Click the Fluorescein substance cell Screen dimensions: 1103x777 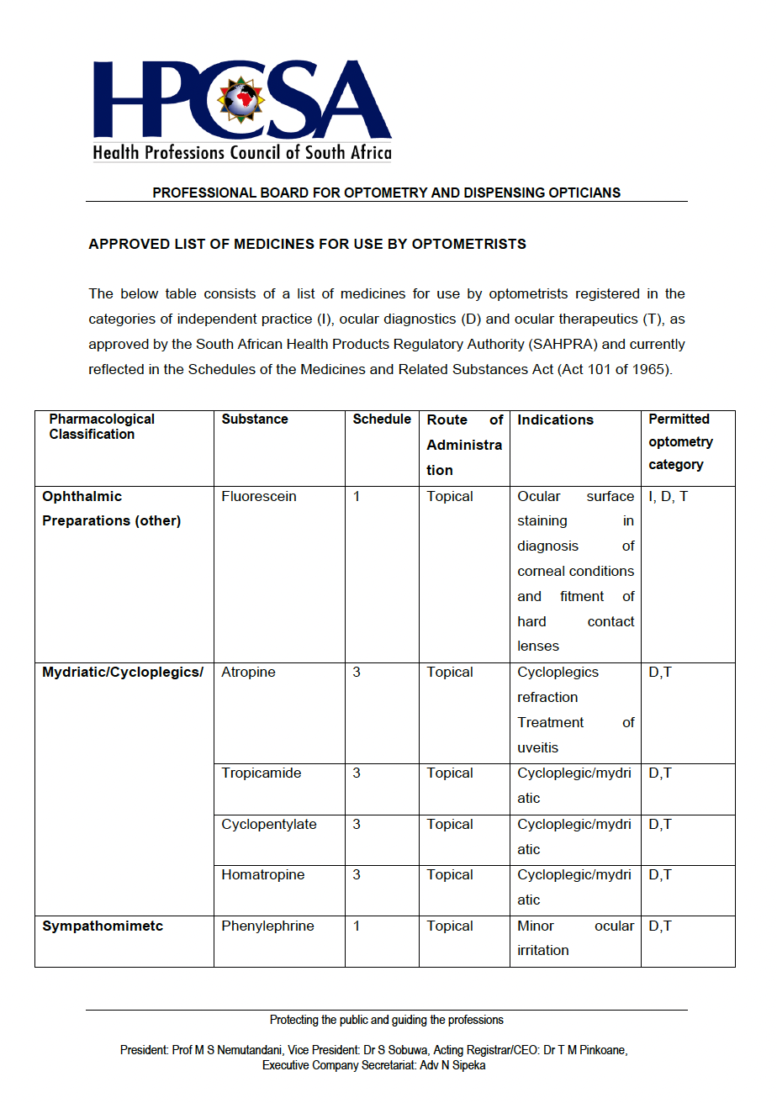(259, 496)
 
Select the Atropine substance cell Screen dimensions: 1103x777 (248, 673)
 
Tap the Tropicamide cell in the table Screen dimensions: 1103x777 (261, 773)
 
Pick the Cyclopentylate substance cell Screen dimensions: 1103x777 (269, 825)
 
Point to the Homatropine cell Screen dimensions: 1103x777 (262, 875)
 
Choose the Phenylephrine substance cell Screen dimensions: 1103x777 (267, 926)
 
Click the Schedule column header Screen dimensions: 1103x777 (382, 419)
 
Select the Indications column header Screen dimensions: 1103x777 (555, 420)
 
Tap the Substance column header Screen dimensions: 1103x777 (255, 419)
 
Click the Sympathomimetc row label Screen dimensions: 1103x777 (103, 926)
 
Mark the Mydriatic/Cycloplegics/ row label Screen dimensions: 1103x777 (123, 673)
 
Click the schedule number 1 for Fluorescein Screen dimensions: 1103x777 (357, 496)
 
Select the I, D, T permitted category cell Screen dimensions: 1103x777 (668, 496)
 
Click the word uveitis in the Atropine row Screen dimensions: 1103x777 (537, 748)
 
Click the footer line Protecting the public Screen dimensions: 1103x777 (386, 1020)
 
